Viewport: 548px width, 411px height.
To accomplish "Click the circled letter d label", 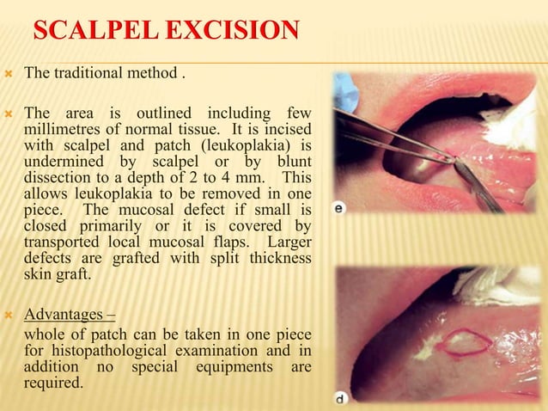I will click(341, 398).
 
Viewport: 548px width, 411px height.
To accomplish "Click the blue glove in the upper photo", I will click(344, 93).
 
